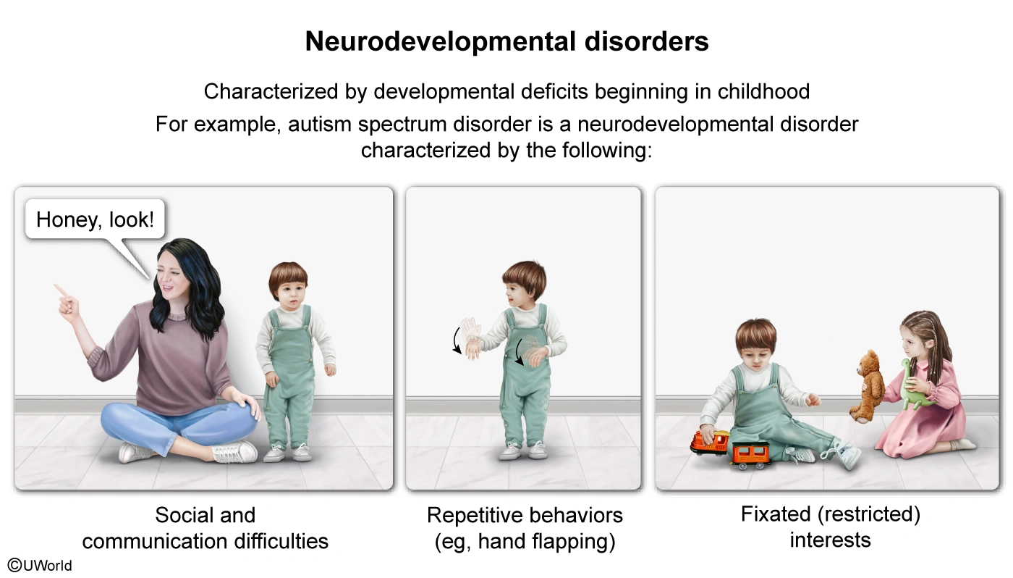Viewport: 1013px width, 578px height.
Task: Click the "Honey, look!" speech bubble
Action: (x=95, y=219)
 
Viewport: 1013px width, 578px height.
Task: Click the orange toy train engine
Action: (x=710, y=441)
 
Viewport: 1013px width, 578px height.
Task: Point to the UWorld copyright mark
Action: (x=40, y=565)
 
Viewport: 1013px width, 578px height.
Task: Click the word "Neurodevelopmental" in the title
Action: (x=428, y=41)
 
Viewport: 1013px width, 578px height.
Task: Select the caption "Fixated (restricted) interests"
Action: (x=830, y=527)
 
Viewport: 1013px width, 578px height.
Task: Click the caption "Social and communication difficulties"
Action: (x=205, y=528)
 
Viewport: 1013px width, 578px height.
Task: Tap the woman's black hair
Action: (x=192, y=290)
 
